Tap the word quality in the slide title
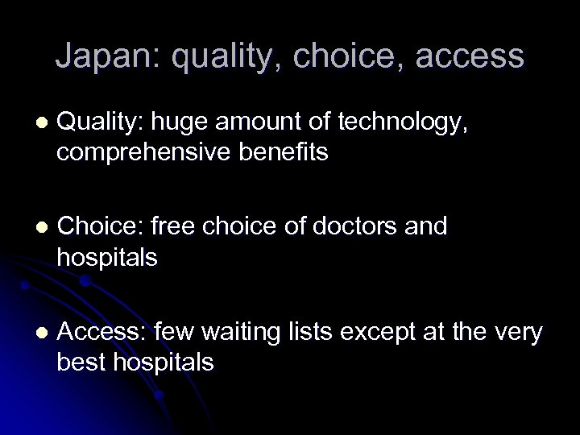click(x=221, y=56)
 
